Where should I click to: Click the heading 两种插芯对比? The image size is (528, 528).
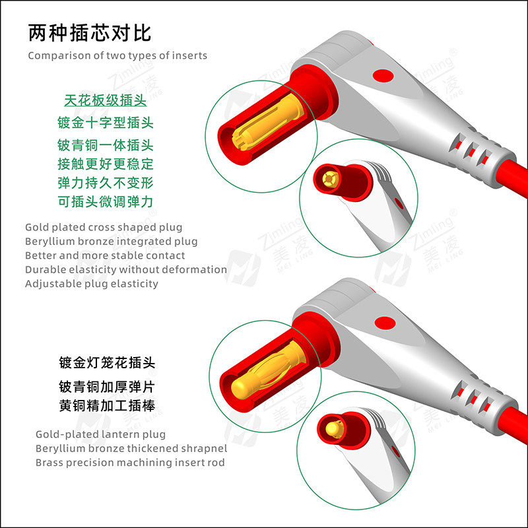tap(90, 32)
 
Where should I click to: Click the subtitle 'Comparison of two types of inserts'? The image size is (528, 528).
tap(117, 55)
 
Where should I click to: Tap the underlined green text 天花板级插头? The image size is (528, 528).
tap(105, 101)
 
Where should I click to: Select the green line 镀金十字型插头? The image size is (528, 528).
tap(105, 122)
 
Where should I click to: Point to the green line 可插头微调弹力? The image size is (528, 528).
tap(105, 201)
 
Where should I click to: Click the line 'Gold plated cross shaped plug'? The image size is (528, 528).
tap(104, 227)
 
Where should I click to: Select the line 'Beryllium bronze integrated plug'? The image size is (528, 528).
tap(111, 241)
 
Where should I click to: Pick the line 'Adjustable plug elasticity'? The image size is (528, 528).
tap(92, 284)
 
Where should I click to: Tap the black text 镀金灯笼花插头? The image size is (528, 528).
tap(110, 363)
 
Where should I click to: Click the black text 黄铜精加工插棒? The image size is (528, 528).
tap(110, 405)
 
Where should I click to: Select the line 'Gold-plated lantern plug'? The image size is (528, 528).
tap(100, 434)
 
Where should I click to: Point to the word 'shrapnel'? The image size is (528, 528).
tap(203, 449)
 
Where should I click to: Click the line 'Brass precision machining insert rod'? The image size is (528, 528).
tap(130, 463)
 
